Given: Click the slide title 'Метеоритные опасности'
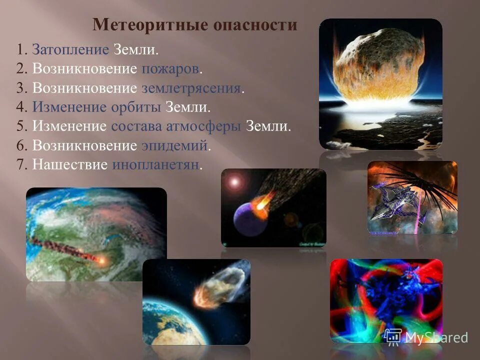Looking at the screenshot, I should (195, 25).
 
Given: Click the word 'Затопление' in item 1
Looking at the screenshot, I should (70, 50).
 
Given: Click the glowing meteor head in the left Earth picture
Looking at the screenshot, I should (101, 260).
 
